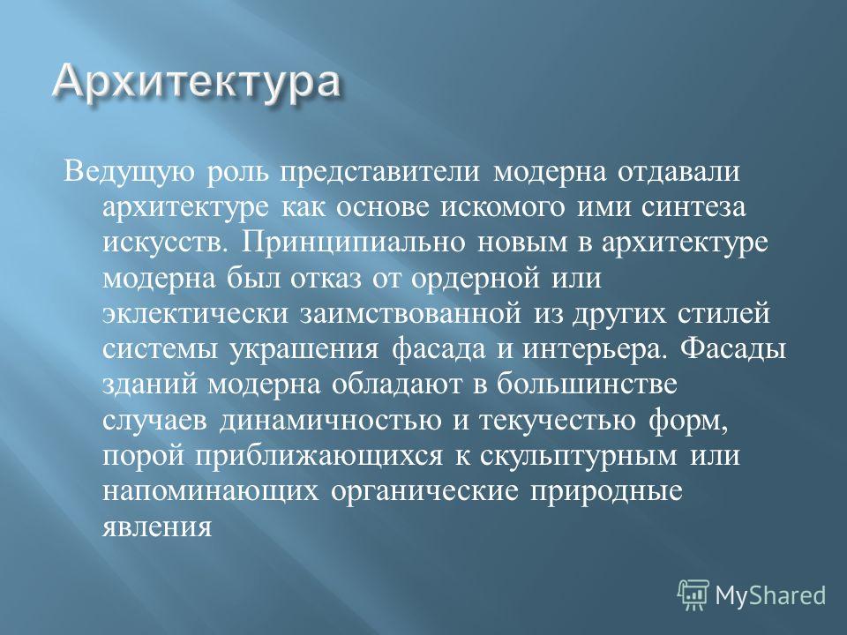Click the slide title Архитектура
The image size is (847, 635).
197,83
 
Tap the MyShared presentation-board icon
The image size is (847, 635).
693,594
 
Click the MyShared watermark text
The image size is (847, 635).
770,595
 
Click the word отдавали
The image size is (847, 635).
678,172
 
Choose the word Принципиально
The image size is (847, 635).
353,243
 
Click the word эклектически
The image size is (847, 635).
195,314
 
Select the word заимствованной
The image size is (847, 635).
410,314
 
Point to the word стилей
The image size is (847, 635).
723,314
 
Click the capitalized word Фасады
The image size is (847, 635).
732,348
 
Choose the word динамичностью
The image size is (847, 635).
330,421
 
